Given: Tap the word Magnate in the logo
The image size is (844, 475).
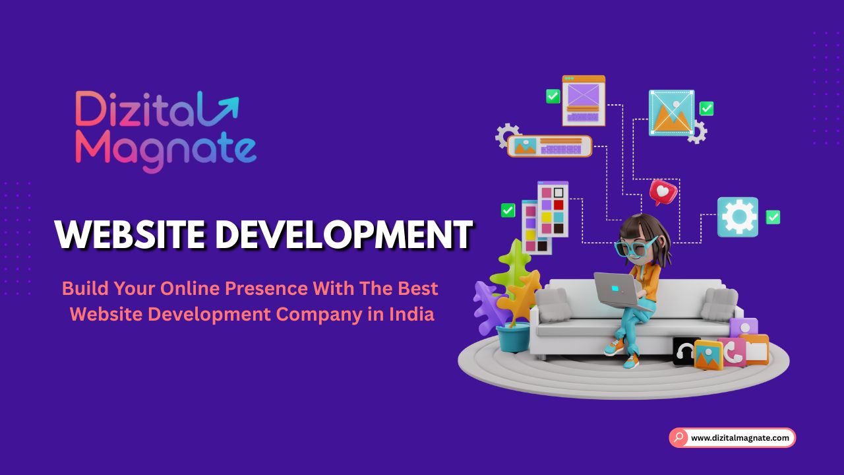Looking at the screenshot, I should tap(166, 150).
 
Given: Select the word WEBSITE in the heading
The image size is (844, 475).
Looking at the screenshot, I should tap(128, 234).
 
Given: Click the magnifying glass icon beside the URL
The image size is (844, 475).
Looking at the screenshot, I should tap(679, 437).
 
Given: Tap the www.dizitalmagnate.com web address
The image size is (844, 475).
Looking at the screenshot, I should tap(740, 437).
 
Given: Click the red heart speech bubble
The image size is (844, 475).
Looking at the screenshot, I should tap(663, 192).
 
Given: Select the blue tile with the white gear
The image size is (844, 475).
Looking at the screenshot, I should tap(738, 216).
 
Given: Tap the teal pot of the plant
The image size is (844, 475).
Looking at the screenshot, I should tap(512, 338).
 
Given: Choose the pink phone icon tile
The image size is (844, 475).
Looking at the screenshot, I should tap(732, 352).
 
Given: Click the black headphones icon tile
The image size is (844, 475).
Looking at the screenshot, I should tap(685, 352).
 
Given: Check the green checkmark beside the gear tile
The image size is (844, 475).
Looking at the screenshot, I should tap(773, 217).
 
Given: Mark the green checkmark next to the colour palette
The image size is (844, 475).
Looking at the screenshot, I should tap(508, 210).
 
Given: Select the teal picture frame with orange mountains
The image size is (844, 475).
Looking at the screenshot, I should tap(671, 113).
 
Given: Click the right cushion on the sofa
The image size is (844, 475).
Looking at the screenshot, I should tap(719, 304).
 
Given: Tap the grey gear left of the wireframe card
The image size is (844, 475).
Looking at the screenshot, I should tap(506, 135).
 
